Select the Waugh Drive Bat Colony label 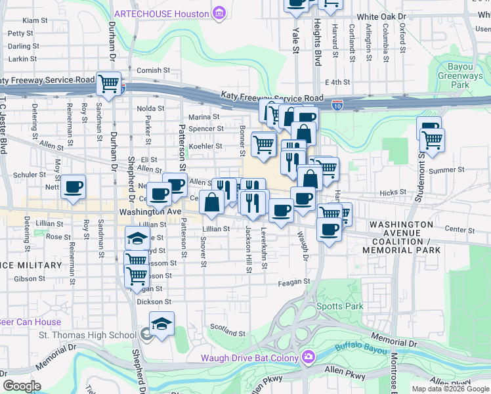[249, 358]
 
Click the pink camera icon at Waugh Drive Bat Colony [308, 358]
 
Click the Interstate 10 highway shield [337, 104]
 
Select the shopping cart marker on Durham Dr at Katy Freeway [109, 84]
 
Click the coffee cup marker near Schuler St [74, 186]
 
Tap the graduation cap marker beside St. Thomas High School [161, 324]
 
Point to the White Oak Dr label [384, 17]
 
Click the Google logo [21, 386]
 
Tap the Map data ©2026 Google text [450, 389]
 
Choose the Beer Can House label [30, 322]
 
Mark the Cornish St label [153, 70]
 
